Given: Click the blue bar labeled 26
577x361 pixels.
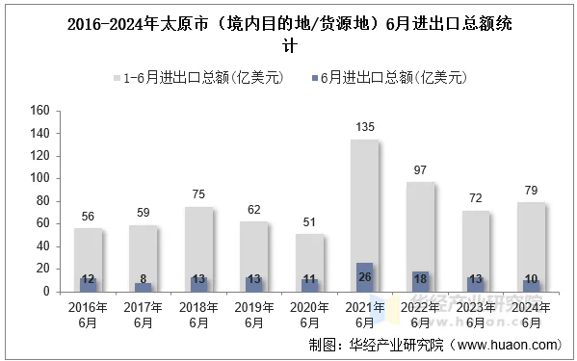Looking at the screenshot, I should click(364, 277).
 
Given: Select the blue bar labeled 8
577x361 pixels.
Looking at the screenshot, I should click(143, 287).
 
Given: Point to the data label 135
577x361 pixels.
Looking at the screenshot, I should click(365, 127).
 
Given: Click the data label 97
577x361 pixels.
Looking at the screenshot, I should click(420, 170).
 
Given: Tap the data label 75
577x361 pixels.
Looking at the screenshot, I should click(198, 194).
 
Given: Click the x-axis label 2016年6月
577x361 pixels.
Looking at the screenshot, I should click(88, 315).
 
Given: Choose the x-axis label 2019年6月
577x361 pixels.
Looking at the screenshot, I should click(253, 315).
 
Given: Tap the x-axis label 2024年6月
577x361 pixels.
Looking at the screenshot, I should click(530, 315).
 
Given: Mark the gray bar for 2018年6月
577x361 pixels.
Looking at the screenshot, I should click(198, 245).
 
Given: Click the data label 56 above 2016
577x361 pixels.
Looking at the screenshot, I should click(88, 216).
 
